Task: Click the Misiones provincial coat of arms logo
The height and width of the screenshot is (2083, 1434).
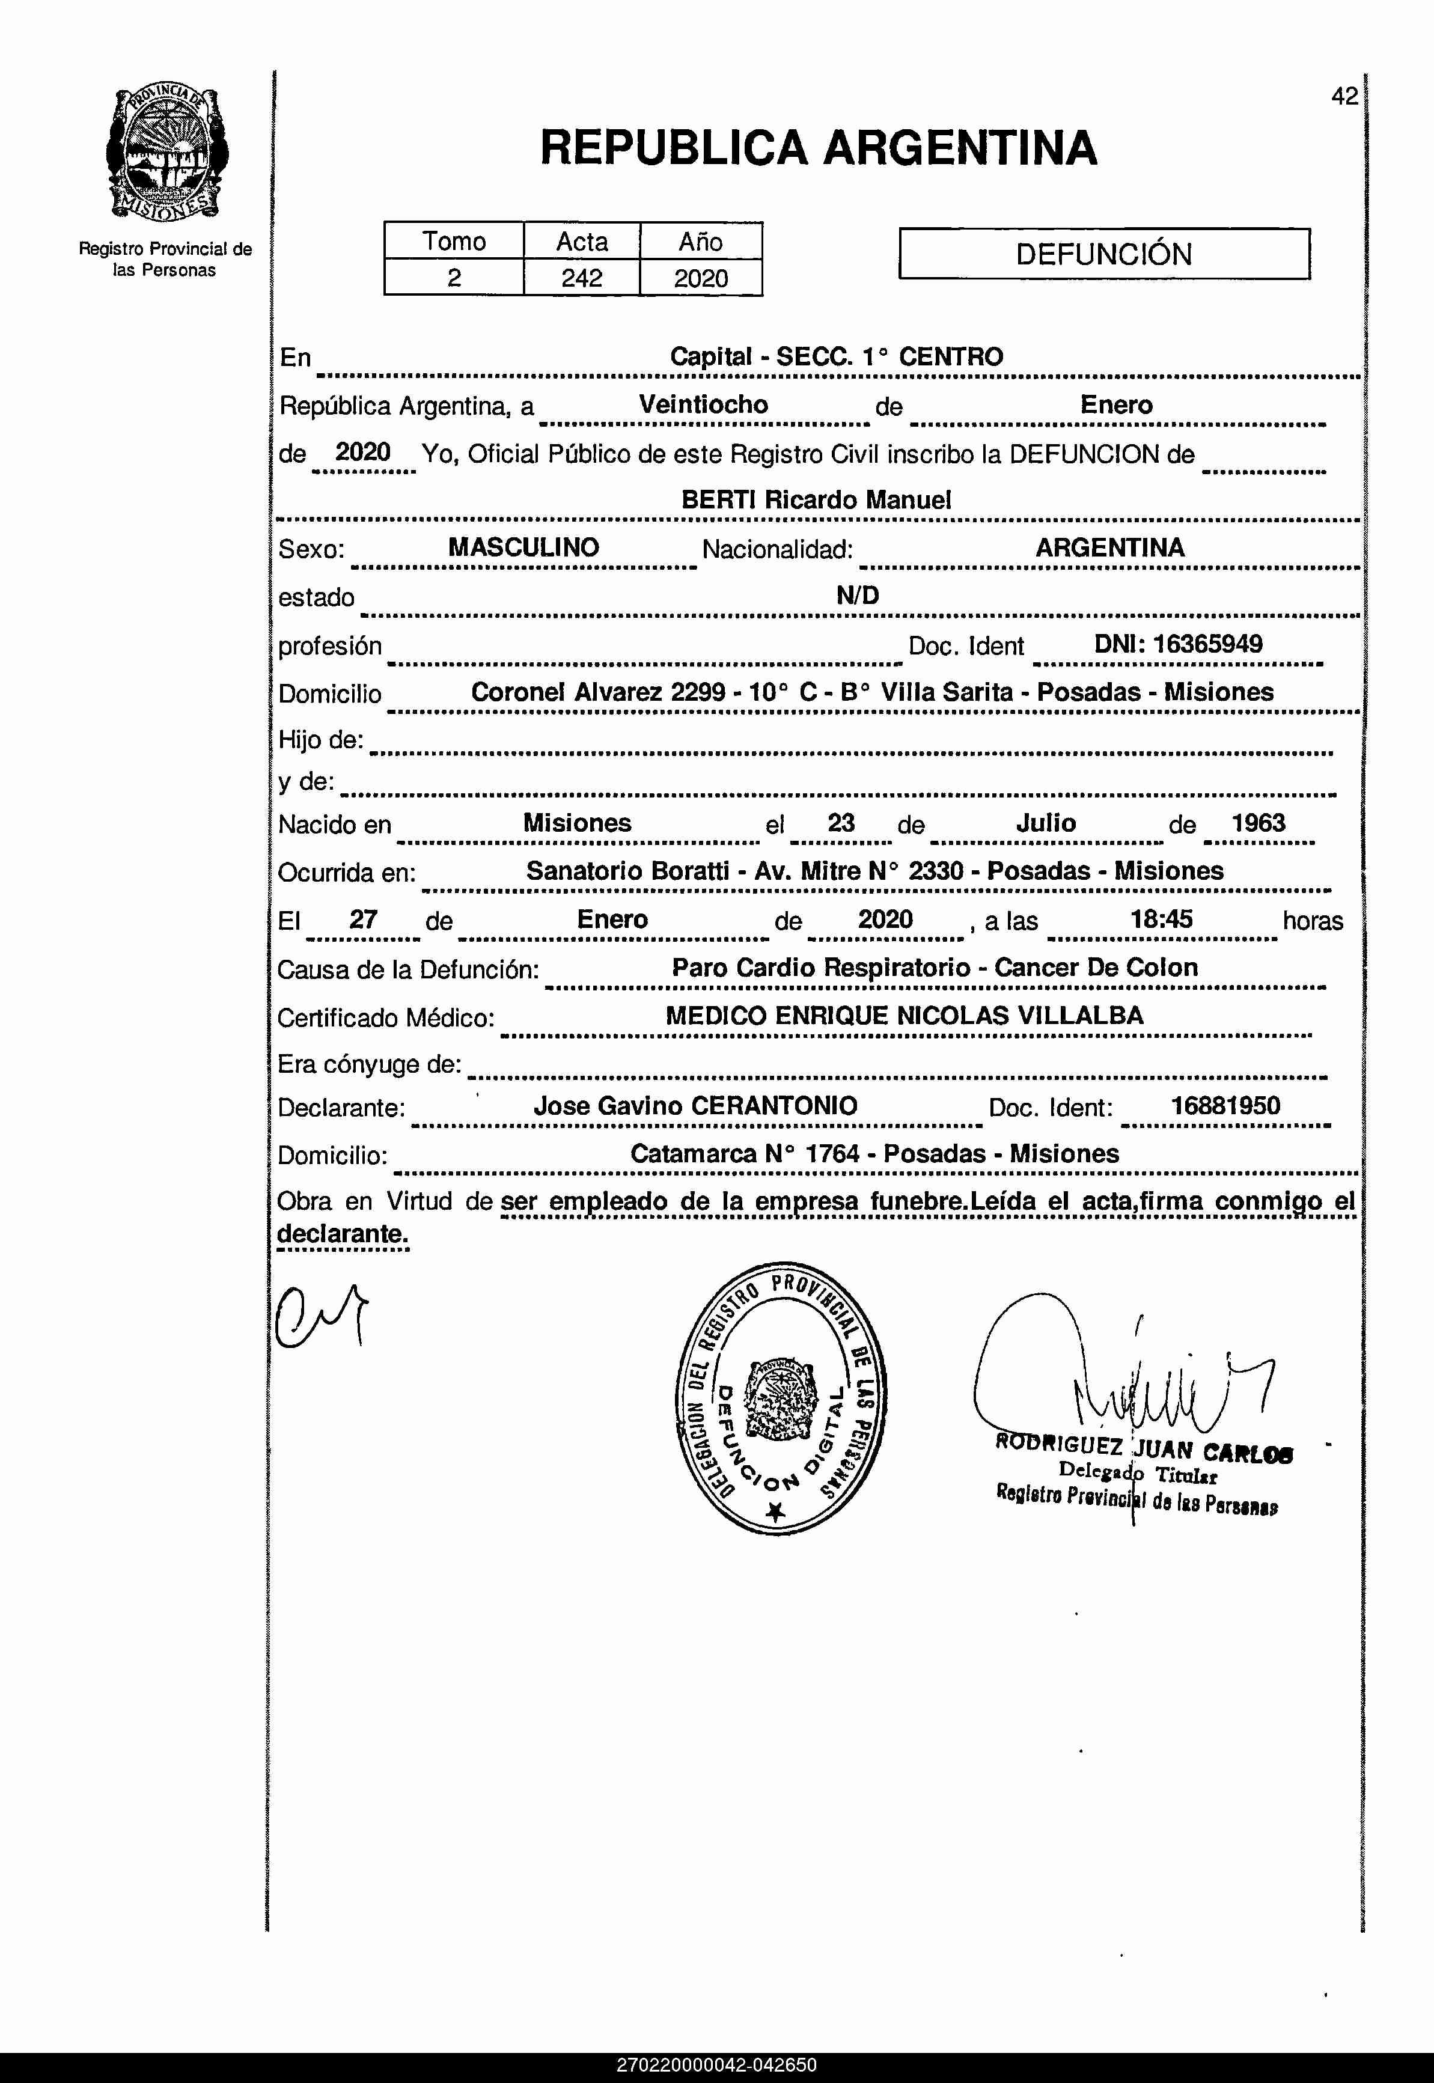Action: click(166, 153)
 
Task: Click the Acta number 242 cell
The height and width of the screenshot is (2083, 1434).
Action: click(581, 278)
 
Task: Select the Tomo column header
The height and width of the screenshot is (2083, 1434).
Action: click(454, 242)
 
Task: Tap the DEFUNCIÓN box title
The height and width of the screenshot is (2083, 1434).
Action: click(1103, 254)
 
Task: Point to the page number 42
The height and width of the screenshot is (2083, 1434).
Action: click(1344, 97)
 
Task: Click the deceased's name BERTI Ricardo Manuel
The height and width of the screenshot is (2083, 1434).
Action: click(816, 500)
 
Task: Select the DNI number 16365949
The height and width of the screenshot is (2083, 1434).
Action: click(1178, 644)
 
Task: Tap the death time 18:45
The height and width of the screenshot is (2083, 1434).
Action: click(1161, 919)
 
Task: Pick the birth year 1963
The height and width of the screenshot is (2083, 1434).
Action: click(1258, 823)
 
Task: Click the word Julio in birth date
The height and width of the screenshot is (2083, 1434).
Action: click(1046, 823)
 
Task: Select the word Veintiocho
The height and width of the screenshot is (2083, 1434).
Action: click(704, 404)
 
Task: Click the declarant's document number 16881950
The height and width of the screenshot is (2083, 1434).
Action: click(1225, 1106)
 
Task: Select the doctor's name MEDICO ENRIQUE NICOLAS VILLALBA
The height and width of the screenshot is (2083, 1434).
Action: click(904, 1016)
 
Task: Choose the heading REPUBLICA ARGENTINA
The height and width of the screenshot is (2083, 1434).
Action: click(817, 148)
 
